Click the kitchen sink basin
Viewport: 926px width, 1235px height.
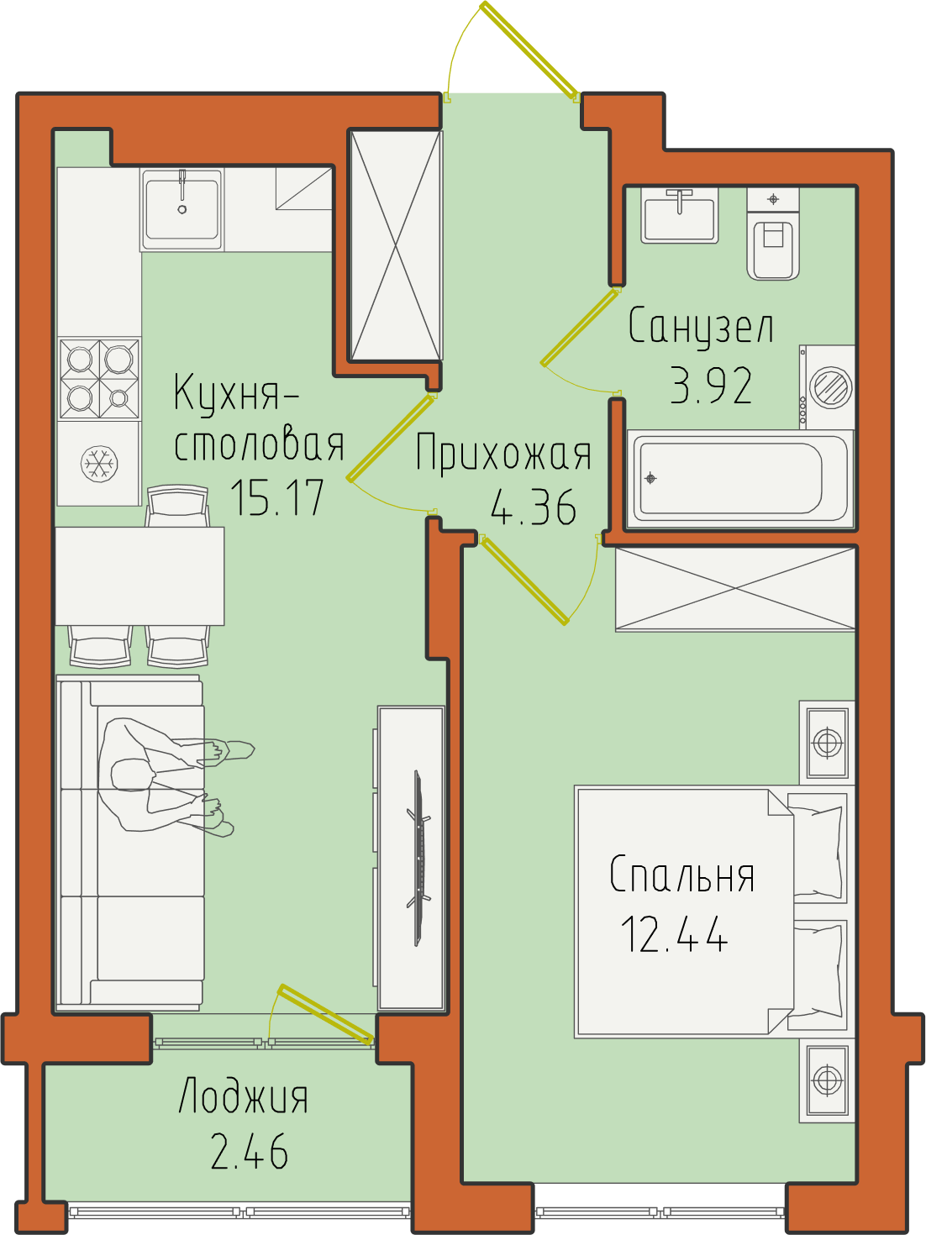[182, 209]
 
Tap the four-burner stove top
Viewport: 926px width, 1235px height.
[100, 378]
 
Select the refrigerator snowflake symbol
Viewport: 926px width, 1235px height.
[99, 465]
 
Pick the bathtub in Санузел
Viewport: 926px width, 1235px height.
[740, 480]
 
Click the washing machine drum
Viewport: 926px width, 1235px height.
[830, 387]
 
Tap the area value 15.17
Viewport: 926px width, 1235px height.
[276, 498]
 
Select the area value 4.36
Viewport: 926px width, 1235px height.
[534, 507]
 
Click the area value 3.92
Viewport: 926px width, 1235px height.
[711, 386]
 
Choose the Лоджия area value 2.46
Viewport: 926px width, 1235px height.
[250, 1151]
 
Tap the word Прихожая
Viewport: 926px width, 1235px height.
[503, 452]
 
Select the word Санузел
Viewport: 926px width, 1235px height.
[701, 326]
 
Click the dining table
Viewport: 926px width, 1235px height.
[139, 576]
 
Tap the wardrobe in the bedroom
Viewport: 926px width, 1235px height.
[735, 589]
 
